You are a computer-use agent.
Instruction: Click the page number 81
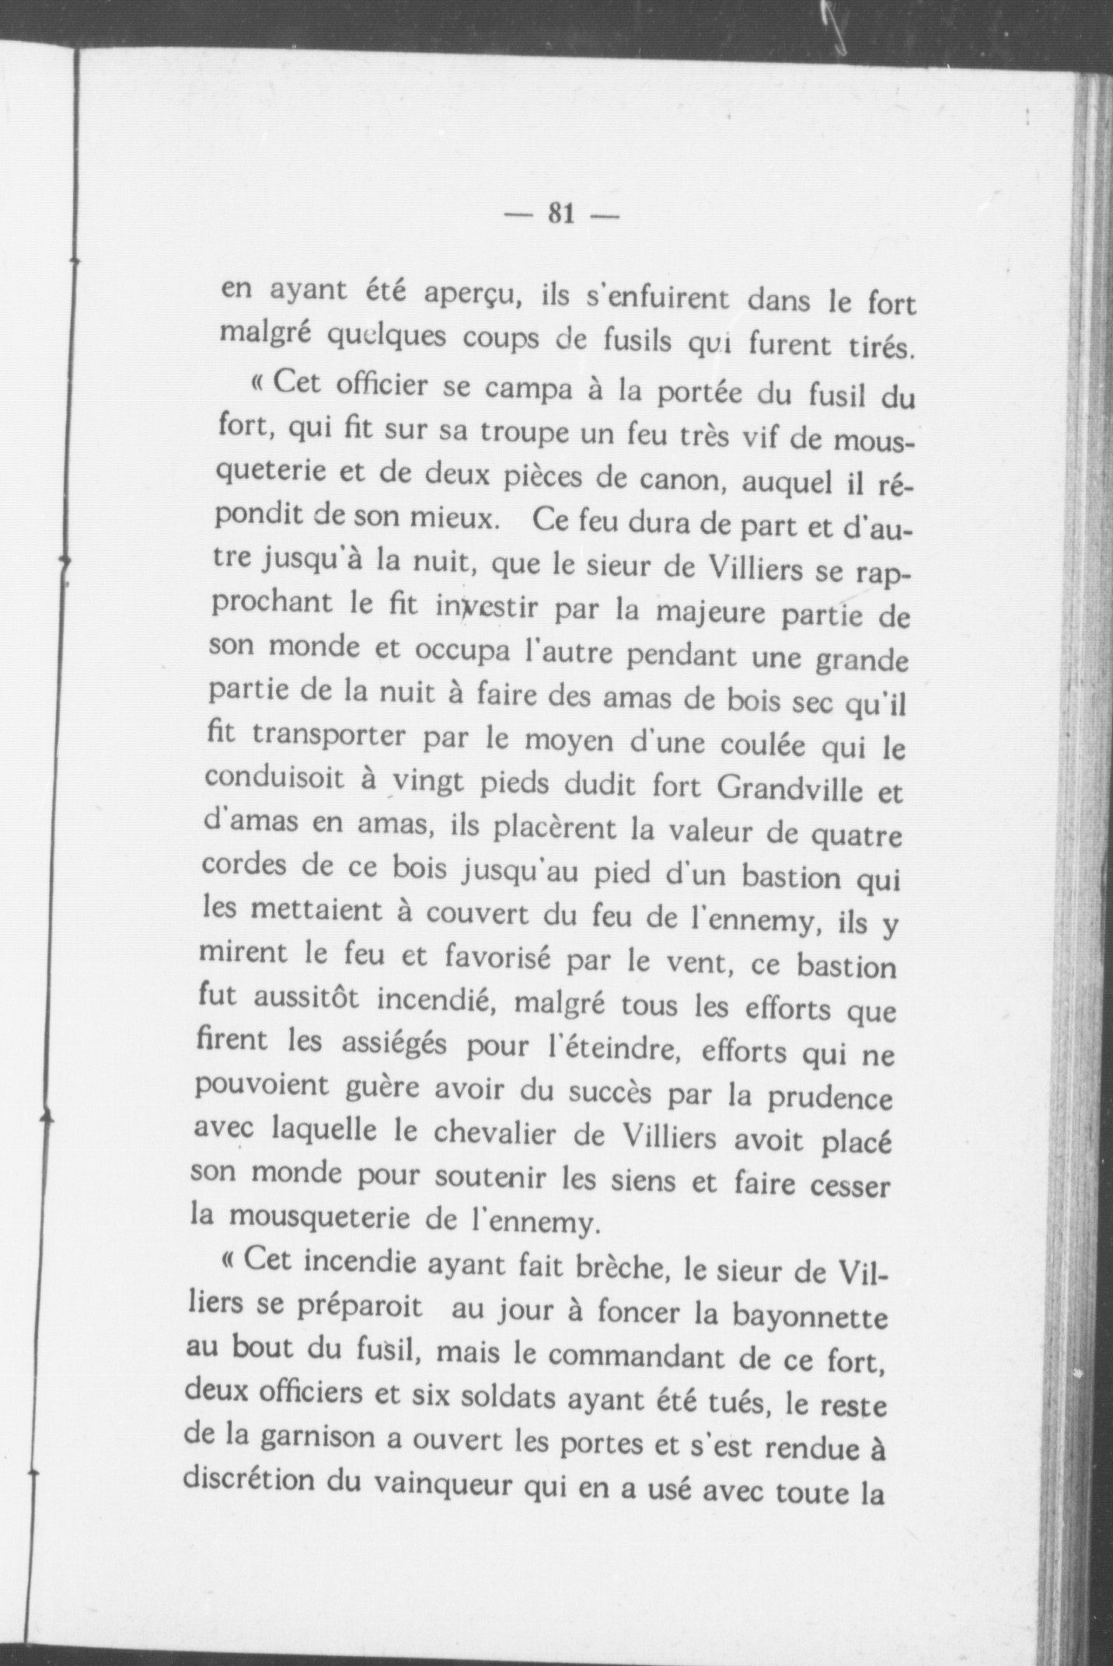pos(560,212)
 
